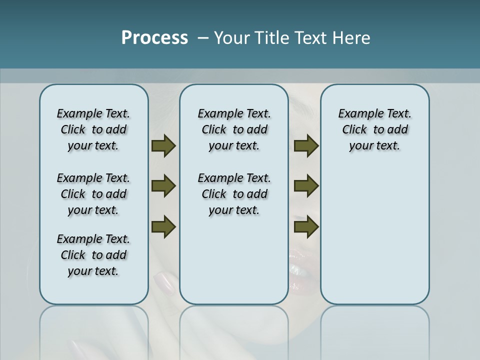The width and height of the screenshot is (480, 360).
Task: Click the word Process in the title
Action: (x=154, y=38)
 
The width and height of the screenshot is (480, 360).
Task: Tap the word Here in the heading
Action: (x=352, y=38)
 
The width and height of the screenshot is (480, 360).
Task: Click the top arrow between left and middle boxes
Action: (x=163, y=146)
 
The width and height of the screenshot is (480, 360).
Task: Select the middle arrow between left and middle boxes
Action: (x=163, y=186)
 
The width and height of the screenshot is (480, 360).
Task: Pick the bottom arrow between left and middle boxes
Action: (x=163, y=226)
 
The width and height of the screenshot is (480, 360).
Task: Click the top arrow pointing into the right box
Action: (x=306, y=146)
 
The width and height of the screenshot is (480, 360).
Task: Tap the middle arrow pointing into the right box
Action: (x=306, y=186)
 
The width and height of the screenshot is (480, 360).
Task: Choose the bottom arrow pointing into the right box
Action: (x=306, y=226)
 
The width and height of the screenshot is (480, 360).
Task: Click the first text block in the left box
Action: (x=93, y=129)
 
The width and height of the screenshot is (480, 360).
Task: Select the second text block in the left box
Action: (x=93, y=194)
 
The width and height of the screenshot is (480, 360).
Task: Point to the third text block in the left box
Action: (x=93, y=255)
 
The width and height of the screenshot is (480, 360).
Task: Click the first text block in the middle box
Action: (x=234, y=129)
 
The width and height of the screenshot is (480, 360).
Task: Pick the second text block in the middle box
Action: (x=234, y=194)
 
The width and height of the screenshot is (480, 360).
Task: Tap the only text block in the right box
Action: (x=374, y=129)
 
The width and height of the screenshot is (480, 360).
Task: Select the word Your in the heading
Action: (x=233, y=38)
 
